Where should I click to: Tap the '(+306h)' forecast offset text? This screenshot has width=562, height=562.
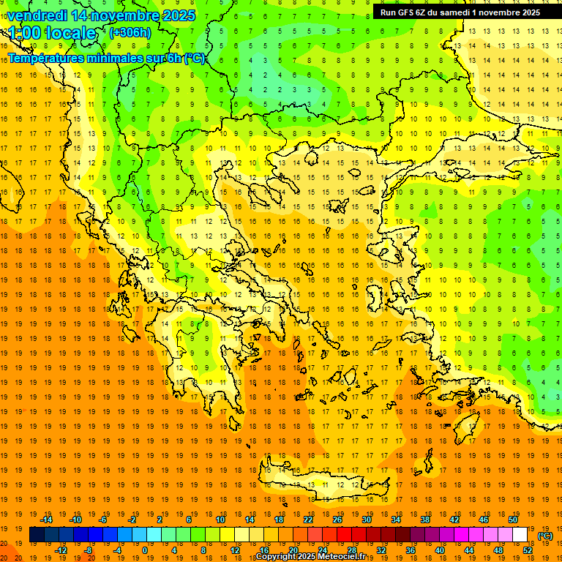click(130, 32)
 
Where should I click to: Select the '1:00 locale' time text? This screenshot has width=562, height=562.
click(52, 33)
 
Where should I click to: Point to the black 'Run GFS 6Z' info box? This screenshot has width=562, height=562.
click(460, 12)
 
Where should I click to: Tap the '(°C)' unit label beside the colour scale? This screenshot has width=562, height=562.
click(545, 536)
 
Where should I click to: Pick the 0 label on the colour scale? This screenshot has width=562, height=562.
click(145, 550)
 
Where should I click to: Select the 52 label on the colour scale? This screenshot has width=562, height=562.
click(528, 550)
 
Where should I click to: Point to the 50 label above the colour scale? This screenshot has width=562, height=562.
click(513, 520)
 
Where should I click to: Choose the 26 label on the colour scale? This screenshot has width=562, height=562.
click(337, 520)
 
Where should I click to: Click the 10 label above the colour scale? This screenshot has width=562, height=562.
click(220, 520)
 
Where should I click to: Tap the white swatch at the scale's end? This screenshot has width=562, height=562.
click(520, 535)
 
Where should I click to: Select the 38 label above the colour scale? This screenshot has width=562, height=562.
click(425, 520)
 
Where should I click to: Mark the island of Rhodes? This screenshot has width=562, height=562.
click(485, 423)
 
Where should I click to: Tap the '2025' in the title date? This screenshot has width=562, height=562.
click(178, 15)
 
